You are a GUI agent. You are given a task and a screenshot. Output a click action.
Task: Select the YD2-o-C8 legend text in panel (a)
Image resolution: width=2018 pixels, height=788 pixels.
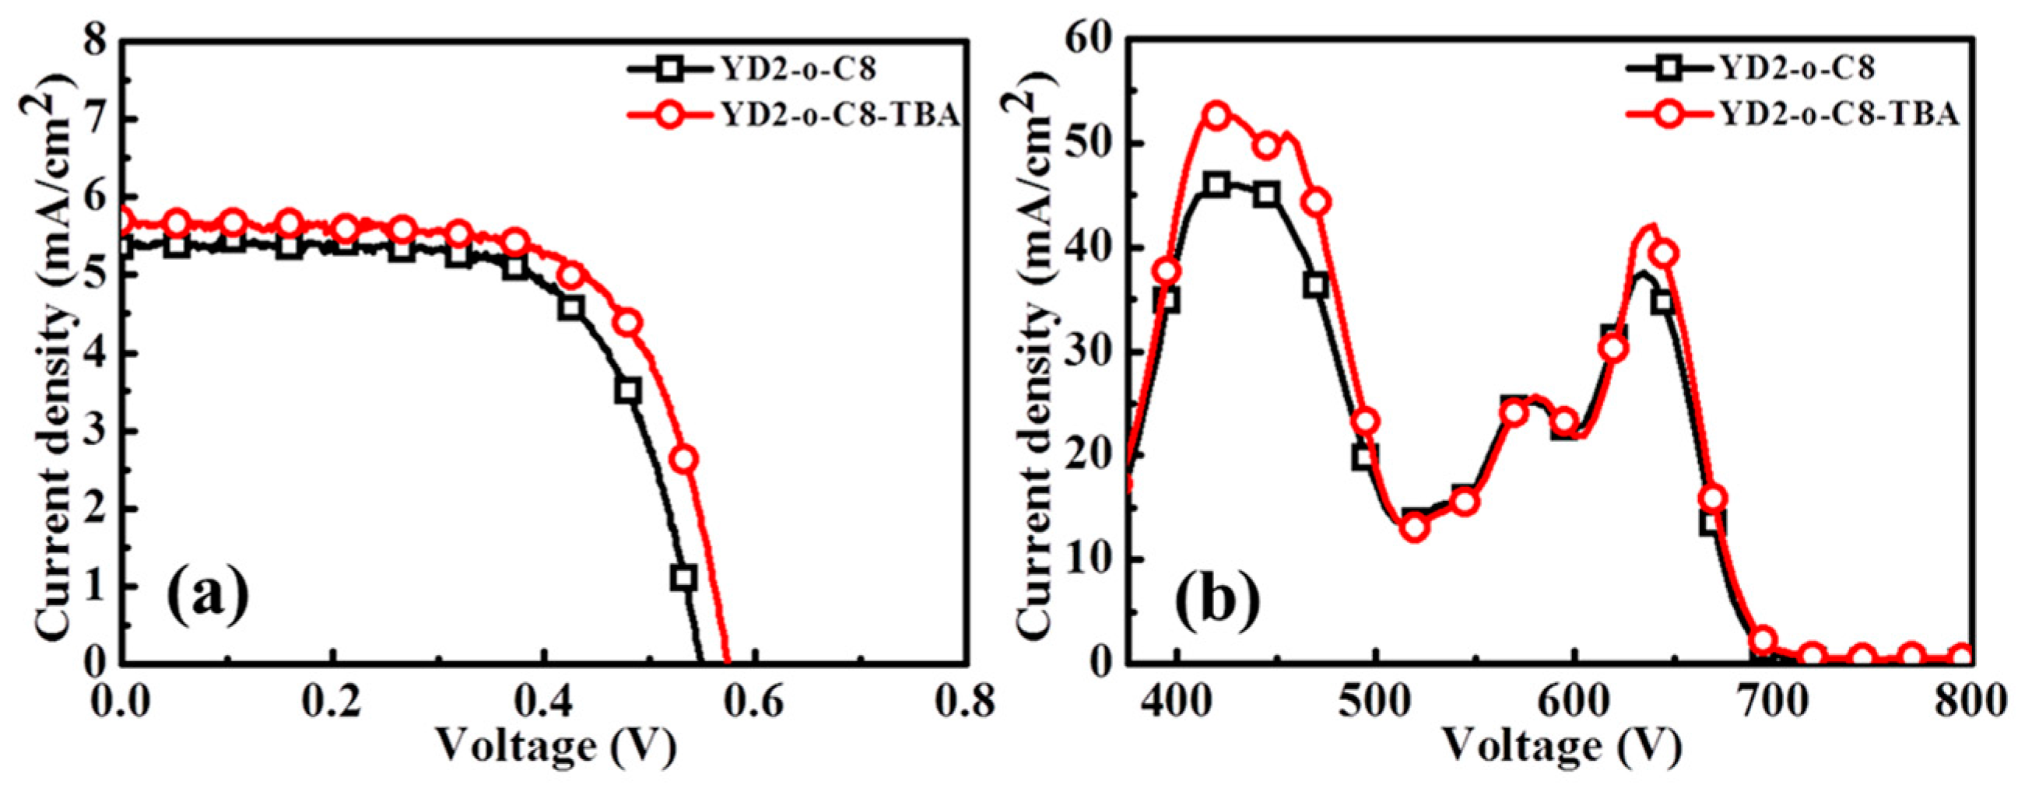[796, 69]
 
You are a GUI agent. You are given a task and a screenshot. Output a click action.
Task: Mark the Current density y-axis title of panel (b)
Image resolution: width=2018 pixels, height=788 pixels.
[1038, 345]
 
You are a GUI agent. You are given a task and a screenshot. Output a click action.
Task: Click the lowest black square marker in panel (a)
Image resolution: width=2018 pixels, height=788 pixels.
[683, 577]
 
